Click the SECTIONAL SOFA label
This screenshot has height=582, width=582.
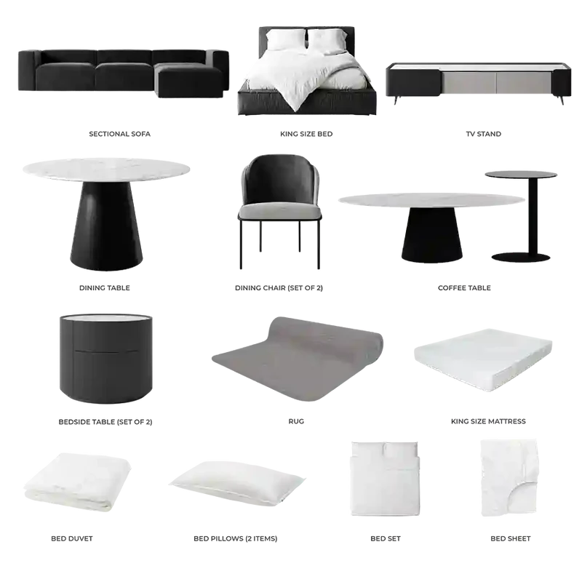click(119, 134)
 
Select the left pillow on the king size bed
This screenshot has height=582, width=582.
click(287, 39)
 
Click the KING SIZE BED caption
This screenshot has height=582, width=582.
click(306, 134)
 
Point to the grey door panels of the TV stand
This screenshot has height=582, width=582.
click(496, 83)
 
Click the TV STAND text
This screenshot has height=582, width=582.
click(483, 134)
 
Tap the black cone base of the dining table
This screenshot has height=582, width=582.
click(106, 226)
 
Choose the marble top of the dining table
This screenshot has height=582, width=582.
click(106, 170)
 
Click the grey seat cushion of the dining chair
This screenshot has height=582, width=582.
click(280, 212)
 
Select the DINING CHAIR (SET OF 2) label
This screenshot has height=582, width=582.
click(279, 288)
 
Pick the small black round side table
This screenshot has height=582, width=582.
click(521, 216)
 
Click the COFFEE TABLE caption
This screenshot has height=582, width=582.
click(464, 288)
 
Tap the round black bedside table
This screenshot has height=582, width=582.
click(105, 359)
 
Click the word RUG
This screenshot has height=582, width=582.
click(296, 421)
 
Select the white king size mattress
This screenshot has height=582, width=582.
click(483, 359)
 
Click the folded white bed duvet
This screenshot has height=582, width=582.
click(77, 482)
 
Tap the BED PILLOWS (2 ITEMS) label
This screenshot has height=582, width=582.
click(235, 538)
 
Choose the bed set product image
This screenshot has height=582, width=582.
click(385, 479)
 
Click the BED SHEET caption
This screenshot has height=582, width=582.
click(511, 538)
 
